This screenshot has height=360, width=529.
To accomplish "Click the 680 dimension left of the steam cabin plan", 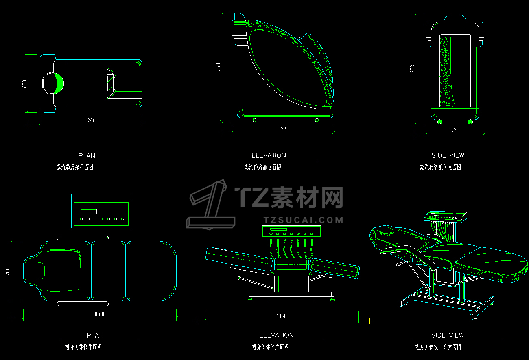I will click(24, 84).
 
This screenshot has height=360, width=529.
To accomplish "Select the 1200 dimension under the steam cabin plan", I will click(90, 121).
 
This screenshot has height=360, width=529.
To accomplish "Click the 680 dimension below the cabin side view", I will click(455, 131).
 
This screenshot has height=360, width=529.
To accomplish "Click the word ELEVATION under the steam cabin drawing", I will click(269, 155).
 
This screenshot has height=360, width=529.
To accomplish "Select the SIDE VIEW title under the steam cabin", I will click(448, 155).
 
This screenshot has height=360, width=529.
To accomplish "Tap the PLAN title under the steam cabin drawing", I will click(87, 156).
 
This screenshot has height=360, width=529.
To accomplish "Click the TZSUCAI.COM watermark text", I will click(303, 220).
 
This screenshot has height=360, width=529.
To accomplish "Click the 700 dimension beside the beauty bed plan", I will click(8, 271).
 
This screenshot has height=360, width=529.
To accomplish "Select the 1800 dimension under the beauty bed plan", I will click(99, 314).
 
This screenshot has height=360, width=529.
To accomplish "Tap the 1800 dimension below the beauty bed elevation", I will click(281, 316).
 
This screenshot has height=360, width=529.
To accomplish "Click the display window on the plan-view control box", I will click(88, 211).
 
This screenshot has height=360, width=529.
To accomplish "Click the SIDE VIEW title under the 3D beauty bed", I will click(448, 335).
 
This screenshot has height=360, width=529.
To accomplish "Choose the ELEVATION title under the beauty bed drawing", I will click(276, 335).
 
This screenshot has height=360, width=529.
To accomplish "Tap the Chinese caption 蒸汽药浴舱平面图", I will click(75, 167).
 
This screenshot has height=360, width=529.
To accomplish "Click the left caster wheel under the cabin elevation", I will click(255, 120).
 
